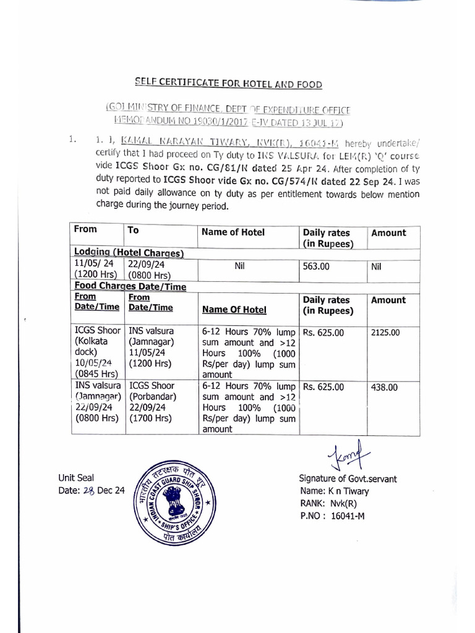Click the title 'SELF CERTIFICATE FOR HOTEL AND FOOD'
(x=229, y=84)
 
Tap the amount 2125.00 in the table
(x=385, y=333)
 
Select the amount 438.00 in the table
(x=384, y=388)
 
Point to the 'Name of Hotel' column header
(x=232, y=232)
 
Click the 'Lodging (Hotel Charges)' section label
(x=129, y=252)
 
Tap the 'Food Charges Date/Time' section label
(x=130, y=286)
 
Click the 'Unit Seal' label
(x=77, y=478)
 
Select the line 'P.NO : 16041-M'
(x=332, y=516)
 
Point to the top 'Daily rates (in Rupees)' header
(x=327, y=238)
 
